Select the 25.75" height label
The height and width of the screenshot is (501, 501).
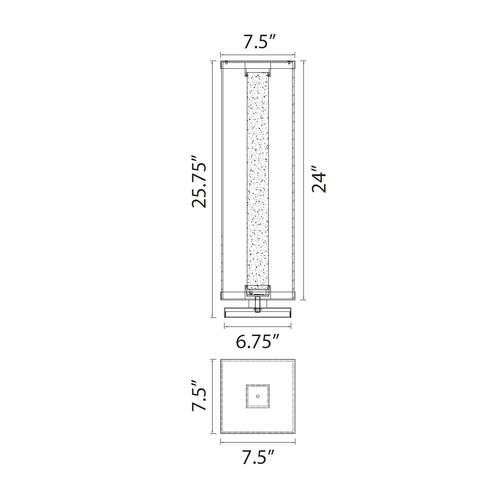click(x=199, y=182)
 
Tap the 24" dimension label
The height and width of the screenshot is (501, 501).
click(x=318, y=179)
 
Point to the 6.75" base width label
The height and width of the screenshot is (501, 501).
click(x=257, y=341)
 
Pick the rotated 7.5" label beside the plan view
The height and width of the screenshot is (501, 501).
click(x=199, y=396)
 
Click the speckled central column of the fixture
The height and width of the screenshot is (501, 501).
click(x=258, y=179)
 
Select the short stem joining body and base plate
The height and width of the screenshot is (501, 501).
click(x=258, y=304)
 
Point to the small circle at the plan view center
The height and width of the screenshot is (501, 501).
click(x=258, y=396)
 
